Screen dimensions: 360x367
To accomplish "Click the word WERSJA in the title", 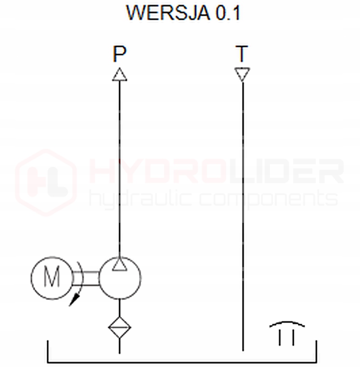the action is [167, 14].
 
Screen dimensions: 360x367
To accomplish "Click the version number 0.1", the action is [228, 14].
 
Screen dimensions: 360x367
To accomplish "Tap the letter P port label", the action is [119, 54].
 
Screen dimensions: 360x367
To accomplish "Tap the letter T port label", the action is [242, 54].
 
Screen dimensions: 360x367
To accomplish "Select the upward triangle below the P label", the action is [119, 75].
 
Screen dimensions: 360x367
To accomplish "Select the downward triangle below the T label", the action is [242, 73].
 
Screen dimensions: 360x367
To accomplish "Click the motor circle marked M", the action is [52, 278].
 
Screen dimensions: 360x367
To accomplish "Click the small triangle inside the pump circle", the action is [119, 264].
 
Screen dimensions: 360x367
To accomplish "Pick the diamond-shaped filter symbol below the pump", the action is [119, 327].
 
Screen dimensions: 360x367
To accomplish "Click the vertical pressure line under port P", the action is [119, 171].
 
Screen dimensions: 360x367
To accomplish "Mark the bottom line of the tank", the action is [180, 362].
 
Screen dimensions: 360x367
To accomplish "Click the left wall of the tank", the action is [48, 351].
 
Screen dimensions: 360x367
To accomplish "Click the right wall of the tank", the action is [316, 351].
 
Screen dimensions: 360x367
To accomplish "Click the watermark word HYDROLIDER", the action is [216, 171].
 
